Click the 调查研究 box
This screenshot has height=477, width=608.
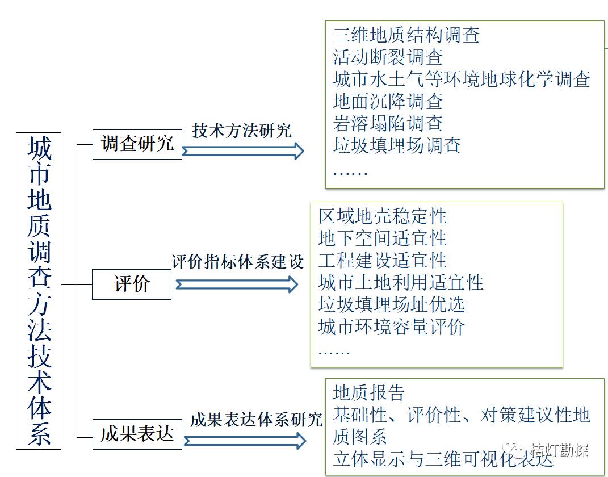click(x=137, y=144)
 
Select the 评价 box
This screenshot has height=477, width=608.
click(x=132, y=284)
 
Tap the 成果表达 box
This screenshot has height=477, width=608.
click(x=137, y=434)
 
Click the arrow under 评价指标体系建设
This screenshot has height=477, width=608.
click(x=237, y=284)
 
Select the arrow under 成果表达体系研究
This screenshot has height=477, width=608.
click(x=245, y=441)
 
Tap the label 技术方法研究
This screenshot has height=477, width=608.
click(x=242, y=131)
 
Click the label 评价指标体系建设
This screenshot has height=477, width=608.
click(x=238, y=262)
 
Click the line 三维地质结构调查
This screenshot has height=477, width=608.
click(x=406, y=35)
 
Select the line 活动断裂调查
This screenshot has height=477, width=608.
click(x=388, y=57)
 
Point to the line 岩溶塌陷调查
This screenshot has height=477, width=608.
click(x=388, y=124)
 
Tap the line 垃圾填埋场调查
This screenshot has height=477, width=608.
click(x=397, y=146)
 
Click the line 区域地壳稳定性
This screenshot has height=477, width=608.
click(x=383, y=216)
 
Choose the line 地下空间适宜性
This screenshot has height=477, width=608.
click(x=383, y=238)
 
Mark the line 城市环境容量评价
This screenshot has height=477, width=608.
click(x=392, y=327)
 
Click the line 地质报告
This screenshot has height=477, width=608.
click(x=369, y=393)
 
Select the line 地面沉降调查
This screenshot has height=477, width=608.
click(x=388, y=102)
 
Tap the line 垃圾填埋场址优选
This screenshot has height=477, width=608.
click(x=392, y=305)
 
